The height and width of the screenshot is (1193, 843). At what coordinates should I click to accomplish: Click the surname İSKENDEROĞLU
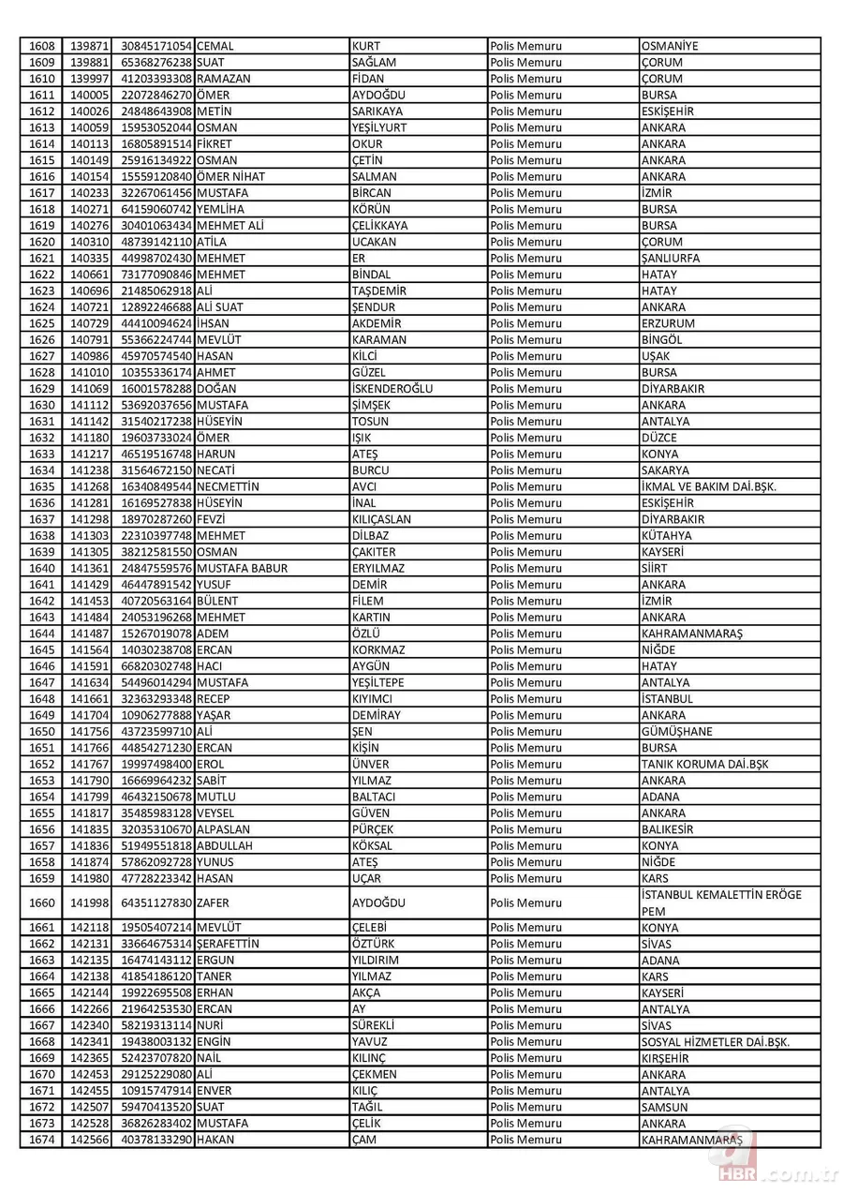[392, 389]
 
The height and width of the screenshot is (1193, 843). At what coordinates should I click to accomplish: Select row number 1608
[42, 46]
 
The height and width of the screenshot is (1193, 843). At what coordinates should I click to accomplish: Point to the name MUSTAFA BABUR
[243, 568]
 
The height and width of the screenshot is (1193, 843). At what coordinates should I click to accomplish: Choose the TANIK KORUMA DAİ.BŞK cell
[704, 764]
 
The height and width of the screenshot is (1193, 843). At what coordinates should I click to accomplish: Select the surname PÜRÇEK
[373, 829]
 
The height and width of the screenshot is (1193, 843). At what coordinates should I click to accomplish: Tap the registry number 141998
[90, 902]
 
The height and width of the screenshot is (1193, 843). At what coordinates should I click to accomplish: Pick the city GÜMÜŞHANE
[677, 731]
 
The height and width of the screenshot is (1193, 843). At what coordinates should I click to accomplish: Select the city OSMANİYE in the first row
[670, 46]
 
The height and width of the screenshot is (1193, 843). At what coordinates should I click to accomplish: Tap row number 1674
[42, 1140]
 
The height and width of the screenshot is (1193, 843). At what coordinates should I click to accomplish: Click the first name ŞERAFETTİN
[229, 944]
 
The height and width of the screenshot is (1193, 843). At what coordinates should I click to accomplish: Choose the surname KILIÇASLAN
[381, 519]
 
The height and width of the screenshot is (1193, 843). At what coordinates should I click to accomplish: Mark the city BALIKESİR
[668, 829]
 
